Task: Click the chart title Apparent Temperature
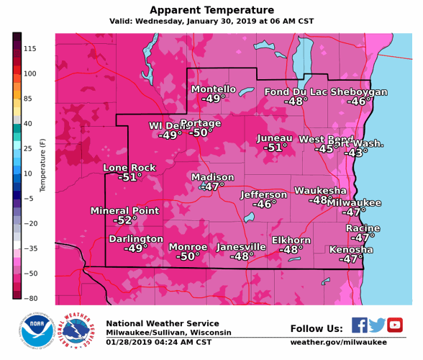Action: click(x=211, y=10)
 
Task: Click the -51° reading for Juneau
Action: click(x=275, y=148)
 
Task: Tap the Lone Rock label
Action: click(x=129, y=168)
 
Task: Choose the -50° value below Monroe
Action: click(x=188, y=256)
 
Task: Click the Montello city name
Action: click(x=213, y=89)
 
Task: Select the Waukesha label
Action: click(x=320, y=191)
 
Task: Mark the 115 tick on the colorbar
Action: click(x=30, y=48)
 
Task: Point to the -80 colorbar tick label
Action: click(x=30, y=298)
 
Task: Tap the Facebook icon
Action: click(x=360, y=325)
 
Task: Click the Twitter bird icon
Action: click(x=376, y=325)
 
